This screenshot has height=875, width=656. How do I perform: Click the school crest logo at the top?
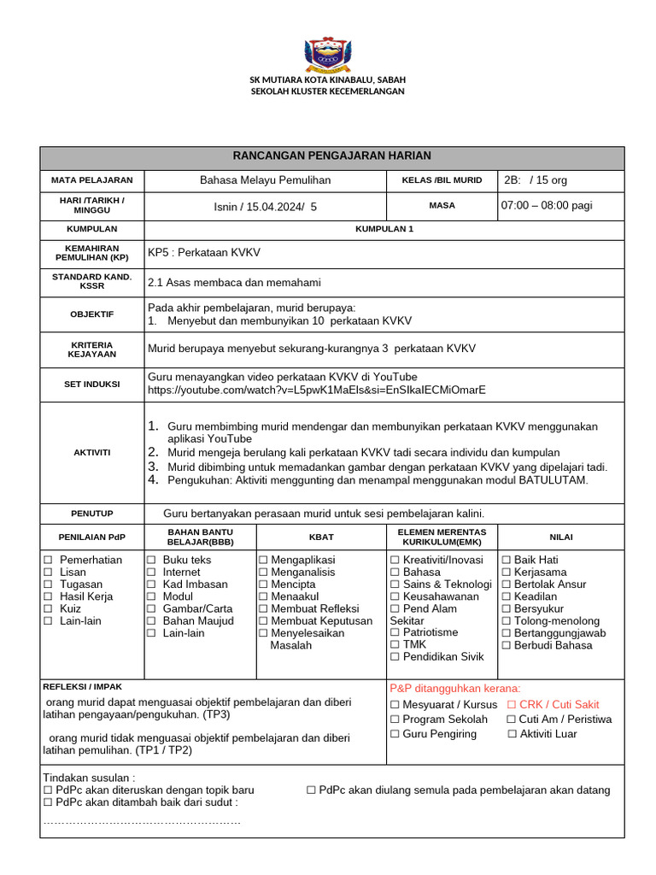point(327,53)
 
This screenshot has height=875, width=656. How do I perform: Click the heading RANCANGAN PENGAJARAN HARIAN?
point(332,156)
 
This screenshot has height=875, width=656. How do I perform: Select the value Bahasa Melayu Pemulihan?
point(265,180)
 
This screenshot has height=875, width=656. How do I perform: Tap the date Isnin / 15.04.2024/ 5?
point(265,206)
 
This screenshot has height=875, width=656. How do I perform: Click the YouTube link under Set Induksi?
point(317,390)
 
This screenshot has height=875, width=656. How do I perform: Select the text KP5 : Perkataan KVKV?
point(204,253)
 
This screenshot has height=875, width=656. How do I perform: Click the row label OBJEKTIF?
point(92,314)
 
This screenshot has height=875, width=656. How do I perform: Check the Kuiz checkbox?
point(48,608)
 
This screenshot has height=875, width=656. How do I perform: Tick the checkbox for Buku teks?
point(151,560)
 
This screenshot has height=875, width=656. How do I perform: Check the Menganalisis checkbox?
point(264,572)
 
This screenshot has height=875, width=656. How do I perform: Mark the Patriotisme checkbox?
point(395,632)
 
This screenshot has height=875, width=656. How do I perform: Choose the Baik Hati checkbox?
point(507,560)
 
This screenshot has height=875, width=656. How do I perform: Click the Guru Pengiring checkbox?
point(395,734)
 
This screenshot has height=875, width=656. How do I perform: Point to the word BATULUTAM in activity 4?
point(558,480)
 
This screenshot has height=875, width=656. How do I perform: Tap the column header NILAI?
point(561,537)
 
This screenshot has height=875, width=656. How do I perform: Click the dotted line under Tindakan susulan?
point(141,821)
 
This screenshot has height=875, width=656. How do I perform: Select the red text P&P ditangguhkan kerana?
point(454,688)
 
